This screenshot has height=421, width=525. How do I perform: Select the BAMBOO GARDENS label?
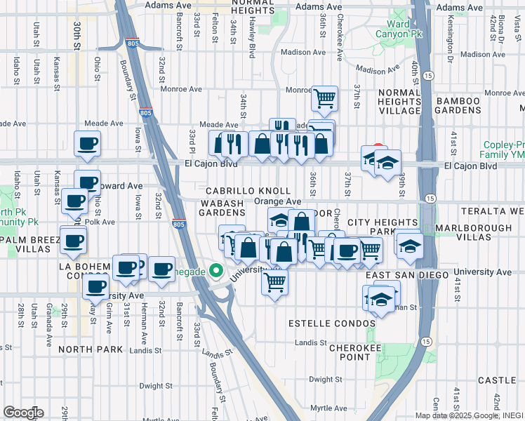[x=457, y=105]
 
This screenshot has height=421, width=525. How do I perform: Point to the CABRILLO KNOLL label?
[x=248, y=191]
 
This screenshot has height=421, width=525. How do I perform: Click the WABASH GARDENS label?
[x=222, y=208]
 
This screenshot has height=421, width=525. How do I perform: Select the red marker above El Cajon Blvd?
[x=378, y=148]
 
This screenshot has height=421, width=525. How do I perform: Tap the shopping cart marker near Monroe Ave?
[x=324, y=98]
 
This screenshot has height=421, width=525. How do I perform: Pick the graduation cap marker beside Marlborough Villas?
[x=409, y=246]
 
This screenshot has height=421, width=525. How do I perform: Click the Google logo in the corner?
[x=22, y=413]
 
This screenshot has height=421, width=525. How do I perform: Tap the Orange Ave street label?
[x=277, y=201]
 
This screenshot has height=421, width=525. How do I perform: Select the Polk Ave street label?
[x=102, y=221]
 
